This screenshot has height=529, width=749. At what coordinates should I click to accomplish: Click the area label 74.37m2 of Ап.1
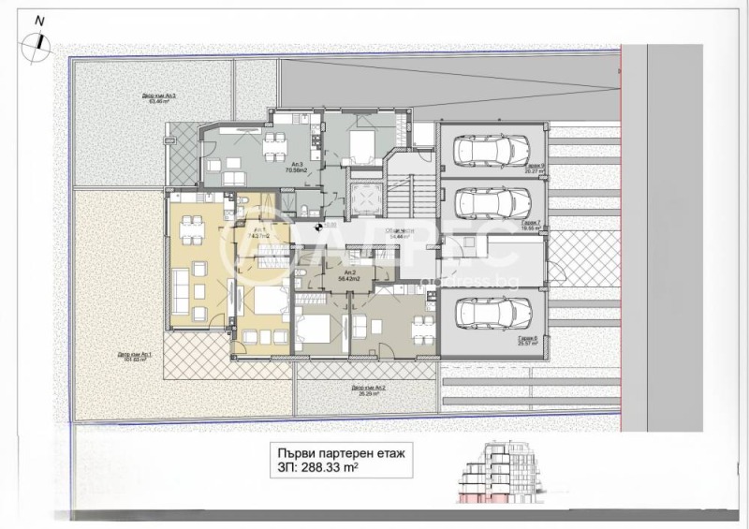click(259, 236)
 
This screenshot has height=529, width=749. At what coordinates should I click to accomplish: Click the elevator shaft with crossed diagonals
click(361, 196)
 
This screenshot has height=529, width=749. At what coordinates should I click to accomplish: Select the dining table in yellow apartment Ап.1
click(193, 225)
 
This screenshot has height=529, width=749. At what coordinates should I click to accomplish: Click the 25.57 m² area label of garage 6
click(526, 344)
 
